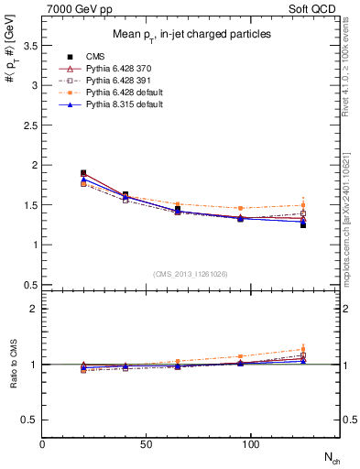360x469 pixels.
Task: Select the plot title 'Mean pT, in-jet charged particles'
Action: (x=191, y=33)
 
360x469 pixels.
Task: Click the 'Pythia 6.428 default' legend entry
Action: (x=105, y=93)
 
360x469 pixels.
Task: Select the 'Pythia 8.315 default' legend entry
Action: (x=105, y=104)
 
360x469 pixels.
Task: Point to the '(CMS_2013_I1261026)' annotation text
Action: (x=191, y=274)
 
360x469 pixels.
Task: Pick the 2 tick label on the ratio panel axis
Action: (x=34, y=309)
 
